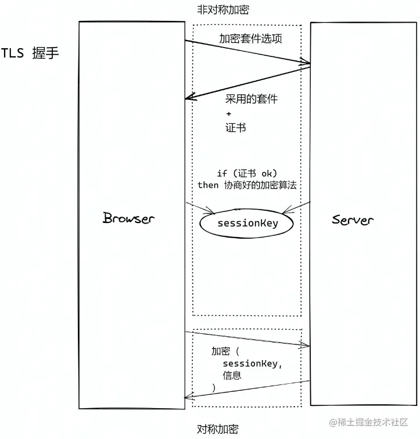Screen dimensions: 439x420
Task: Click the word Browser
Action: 129,218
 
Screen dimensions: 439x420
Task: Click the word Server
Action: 353,219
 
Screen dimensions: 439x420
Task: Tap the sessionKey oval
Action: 247,224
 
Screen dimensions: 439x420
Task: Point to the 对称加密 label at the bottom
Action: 218,429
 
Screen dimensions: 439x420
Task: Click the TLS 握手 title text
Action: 30,53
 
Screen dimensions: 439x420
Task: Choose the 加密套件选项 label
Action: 250,39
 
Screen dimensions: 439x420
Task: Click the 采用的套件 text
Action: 252,99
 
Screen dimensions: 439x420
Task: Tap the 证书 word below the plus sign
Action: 235,127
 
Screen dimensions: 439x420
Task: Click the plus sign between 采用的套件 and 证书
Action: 228,113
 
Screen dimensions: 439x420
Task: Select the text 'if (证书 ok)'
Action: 247,173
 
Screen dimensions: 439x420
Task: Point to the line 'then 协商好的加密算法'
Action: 247,185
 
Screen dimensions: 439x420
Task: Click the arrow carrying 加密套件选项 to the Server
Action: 247,52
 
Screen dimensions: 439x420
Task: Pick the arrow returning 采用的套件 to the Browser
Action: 247,82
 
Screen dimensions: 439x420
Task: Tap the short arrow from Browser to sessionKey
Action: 200,207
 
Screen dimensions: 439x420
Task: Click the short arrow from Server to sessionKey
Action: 296,207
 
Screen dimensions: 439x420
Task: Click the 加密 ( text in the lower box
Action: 225,352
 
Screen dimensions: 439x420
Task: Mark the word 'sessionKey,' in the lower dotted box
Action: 253,364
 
